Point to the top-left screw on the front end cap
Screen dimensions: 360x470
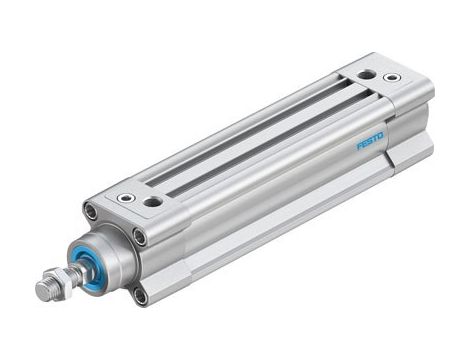pos(91,213)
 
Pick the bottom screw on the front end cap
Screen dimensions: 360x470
pos(140,295)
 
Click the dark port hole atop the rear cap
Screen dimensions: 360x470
pos(368,75)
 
